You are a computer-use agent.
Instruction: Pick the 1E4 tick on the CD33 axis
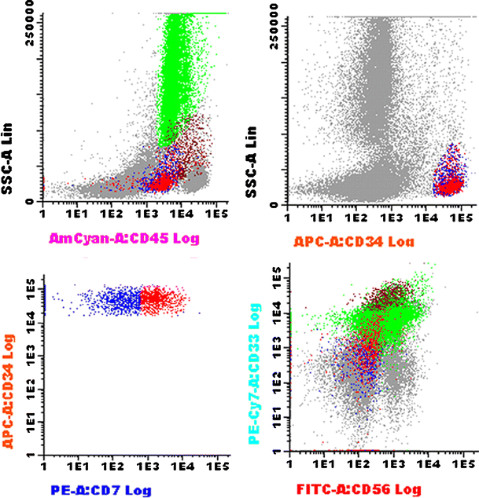click(278, 314)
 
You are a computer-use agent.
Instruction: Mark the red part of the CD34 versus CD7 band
click(161, 298)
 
